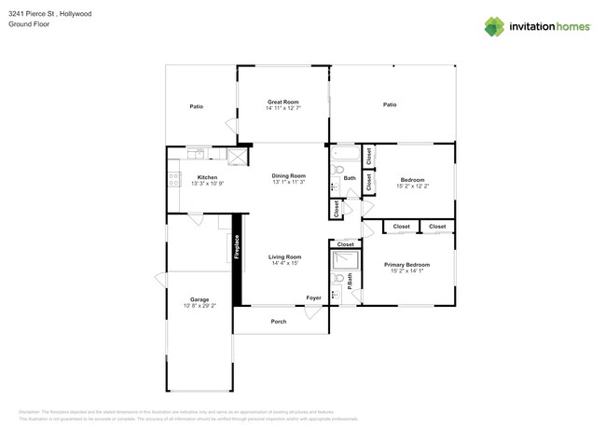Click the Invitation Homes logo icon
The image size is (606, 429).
click(494, 26)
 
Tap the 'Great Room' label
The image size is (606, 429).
click(282, 102)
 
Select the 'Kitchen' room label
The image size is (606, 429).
click(207, 177)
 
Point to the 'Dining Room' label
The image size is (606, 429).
click(289, 175)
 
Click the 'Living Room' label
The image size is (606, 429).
click(284, 256)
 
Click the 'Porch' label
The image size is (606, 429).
click(279, 322)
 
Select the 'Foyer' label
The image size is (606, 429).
click(314, 298)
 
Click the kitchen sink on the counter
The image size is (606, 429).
click(196, 153)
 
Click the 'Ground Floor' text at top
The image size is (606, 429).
click(29, 25)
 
